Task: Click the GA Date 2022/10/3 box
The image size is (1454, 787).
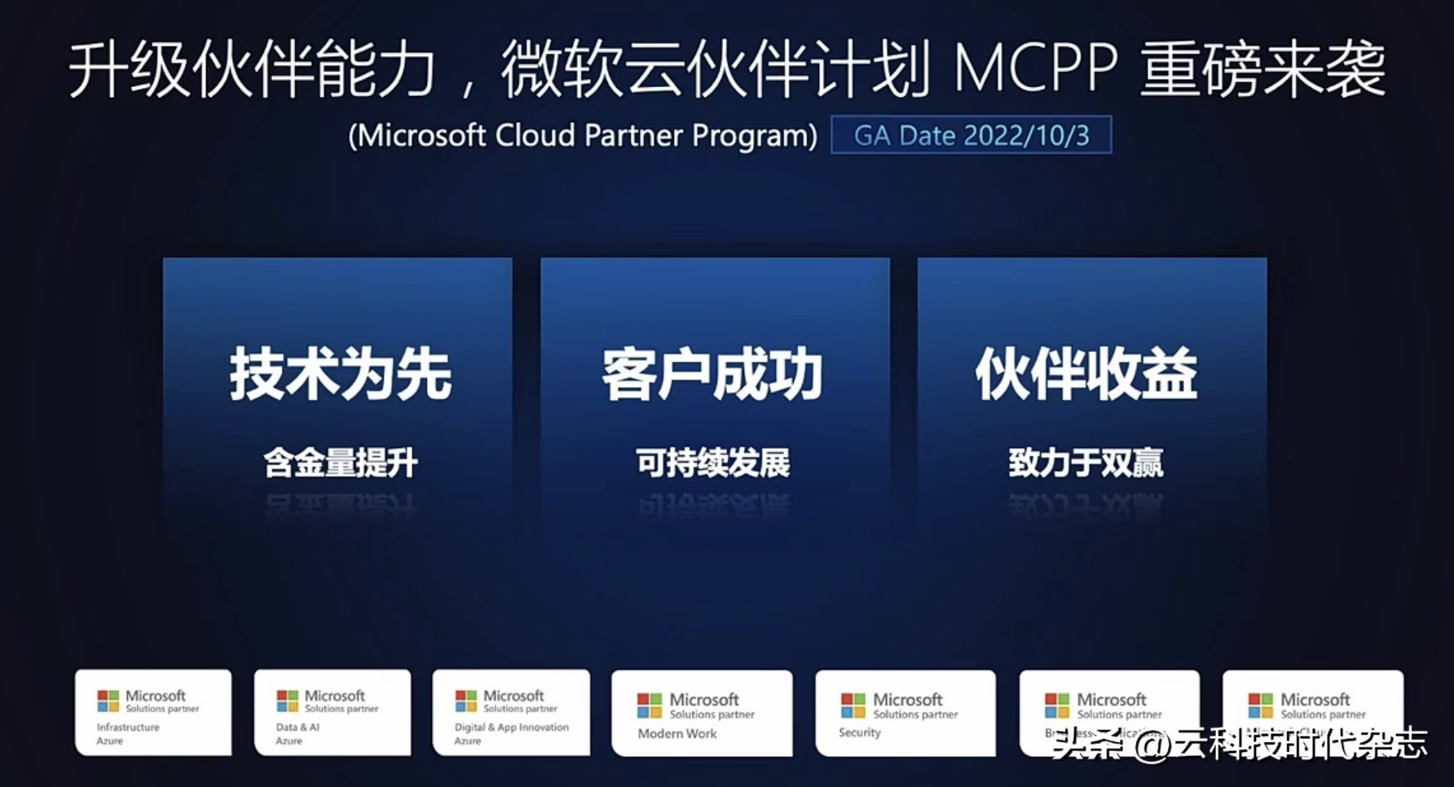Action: [x=971, y=135]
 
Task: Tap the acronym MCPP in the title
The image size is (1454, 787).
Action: [x=1035, y=69]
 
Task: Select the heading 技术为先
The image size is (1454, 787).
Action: [x=340, y=374]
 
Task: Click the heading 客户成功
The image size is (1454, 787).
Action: [x=713, y=374]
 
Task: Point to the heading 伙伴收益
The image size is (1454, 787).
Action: [x=1086, y=374]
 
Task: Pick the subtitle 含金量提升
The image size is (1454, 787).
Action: [x=340, y=463]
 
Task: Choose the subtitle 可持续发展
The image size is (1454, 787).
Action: [x=713, y=463]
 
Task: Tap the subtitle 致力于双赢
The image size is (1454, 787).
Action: [x=1086, y=463]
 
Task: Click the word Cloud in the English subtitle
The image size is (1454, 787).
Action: [x=535, y=135]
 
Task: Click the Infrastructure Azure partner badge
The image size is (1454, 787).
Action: [x=153, y=713]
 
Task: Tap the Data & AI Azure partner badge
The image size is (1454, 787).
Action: [x=333, y=713]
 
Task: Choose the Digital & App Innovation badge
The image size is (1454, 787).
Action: [x=511, y=713]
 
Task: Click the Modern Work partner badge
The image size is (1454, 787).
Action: [x=702, y=714]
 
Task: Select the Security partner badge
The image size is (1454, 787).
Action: [x=905, y=714]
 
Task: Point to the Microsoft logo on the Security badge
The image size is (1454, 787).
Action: [x=853, y=706]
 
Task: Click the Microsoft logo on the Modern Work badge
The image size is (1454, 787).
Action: [x=649, y=706]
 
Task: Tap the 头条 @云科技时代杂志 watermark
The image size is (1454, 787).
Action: [x=1239, y=744]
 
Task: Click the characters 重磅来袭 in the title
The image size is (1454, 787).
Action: [x=1262, y=69]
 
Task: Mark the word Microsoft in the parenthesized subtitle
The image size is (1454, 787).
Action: [x=422, y=135]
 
